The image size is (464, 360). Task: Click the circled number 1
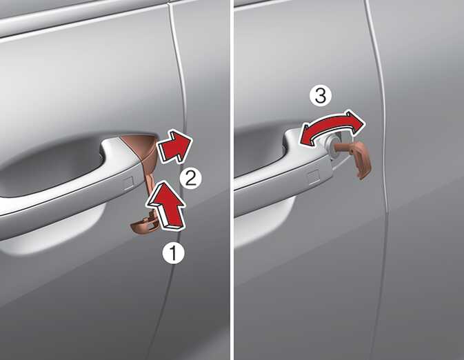click(x=174, y=253)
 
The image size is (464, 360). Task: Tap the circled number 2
click(x=191, y=178)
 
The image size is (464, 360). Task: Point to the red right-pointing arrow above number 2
click(x=174, y=146)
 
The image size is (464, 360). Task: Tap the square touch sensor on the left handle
click(x=128, y=183)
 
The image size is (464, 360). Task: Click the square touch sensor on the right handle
click(x=314, y=178)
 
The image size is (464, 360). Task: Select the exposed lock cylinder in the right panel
click(x=333, y=143)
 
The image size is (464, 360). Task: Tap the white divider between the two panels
click(x=232, y=180)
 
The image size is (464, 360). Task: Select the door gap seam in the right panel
click(x=382, y=178)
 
